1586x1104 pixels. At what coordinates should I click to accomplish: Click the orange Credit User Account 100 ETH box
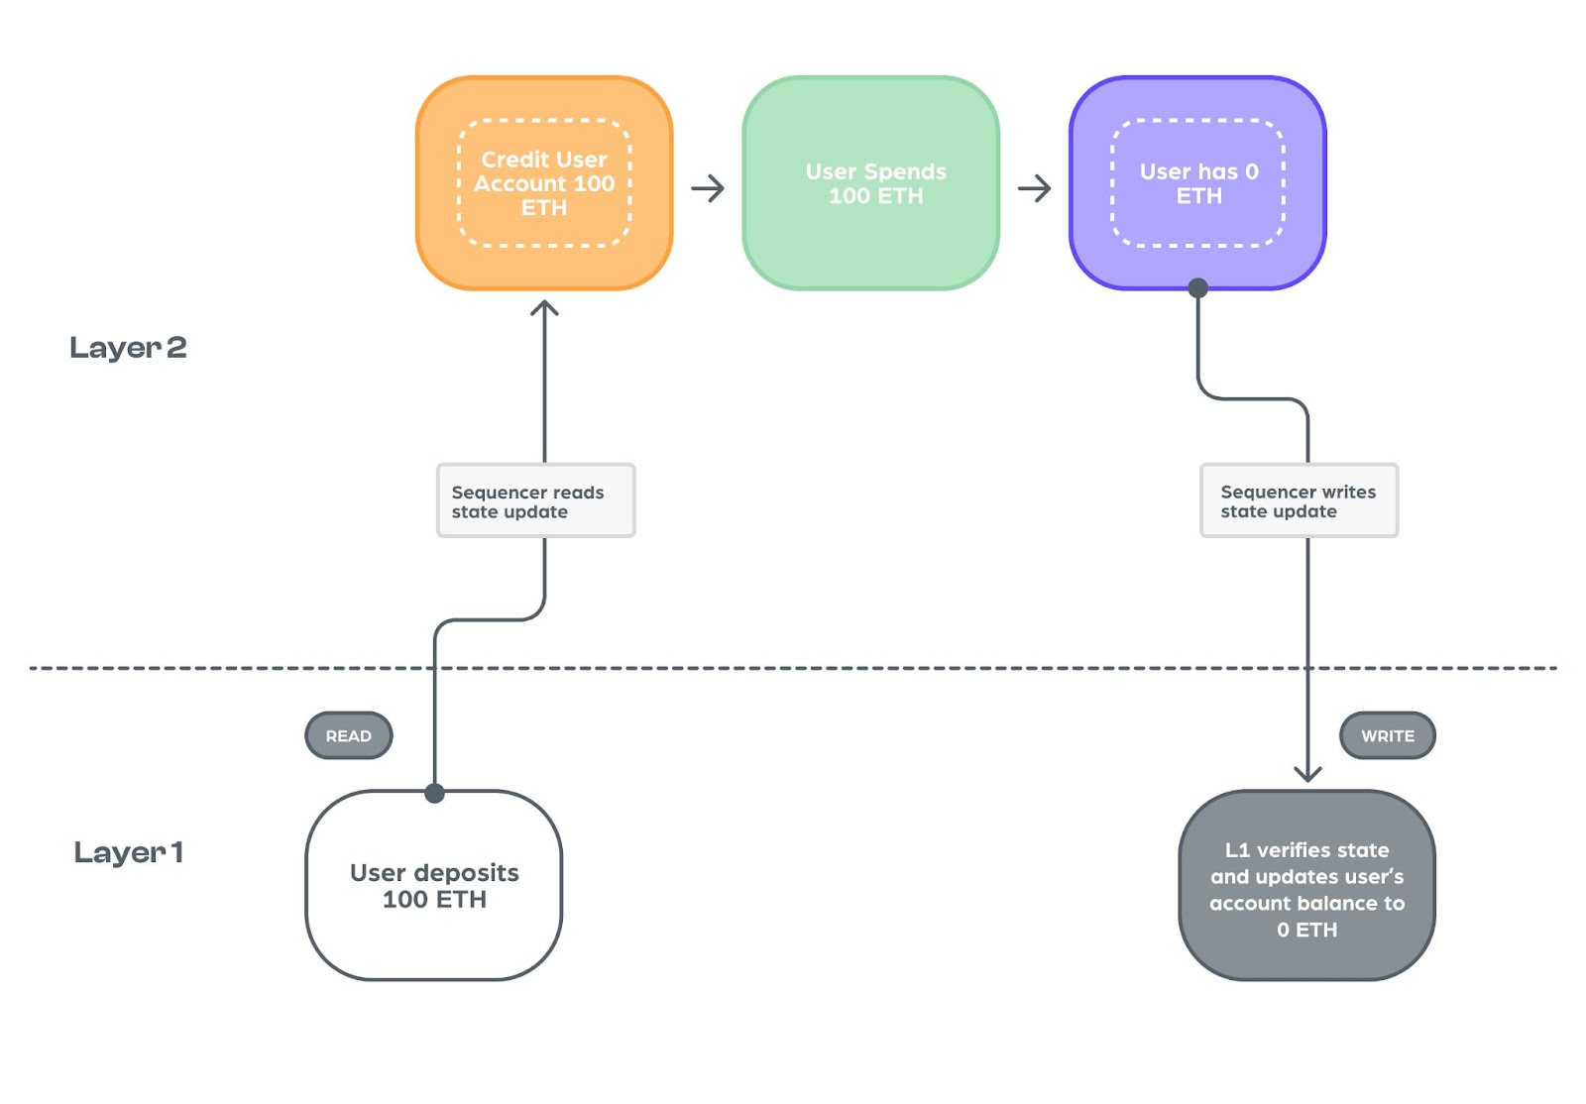tap(544, 183)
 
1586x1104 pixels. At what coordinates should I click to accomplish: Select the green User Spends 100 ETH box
tap(871, 183)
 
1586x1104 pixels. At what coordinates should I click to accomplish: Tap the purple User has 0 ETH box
tap(1198, 183)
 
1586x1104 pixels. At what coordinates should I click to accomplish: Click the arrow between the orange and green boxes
tap(708, 188)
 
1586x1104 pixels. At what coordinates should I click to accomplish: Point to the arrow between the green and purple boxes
tap(1035, 188)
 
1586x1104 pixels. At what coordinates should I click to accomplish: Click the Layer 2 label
tap(128, 348)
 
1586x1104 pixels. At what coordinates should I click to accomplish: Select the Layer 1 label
tap(129, 852)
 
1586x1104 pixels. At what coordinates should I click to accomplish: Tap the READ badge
tap(348, 736)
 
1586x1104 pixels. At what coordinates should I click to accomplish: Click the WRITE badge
tap(1388, 736)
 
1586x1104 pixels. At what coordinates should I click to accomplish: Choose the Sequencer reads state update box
tap(536, 501)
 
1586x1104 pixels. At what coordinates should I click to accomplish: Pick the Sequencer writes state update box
tap(1300, 501)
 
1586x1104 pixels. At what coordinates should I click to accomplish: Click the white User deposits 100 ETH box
tap(434, 885)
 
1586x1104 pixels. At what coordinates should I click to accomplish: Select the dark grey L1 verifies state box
tap(1307, 885)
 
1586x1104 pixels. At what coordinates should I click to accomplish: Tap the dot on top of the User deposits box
tap(435, 794)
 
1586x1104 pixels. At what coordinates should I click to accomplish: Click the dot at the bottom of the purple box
tap(1198, 288)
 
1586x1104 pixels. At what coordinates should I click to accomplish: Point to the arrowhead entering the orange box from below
tap(544, 307)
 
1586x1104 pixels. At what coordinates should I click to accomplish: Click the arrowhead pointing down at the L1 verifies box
tap(1307, 774)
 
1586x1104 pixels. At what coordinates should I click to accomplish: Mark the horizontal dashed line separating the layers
tap(793, 668)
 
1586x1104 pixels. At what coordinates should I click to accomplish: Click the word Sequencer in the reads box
tap(497, 493)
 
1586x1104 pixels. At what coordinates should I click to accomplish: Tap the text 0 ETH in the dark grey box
tap(1307, 930)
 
